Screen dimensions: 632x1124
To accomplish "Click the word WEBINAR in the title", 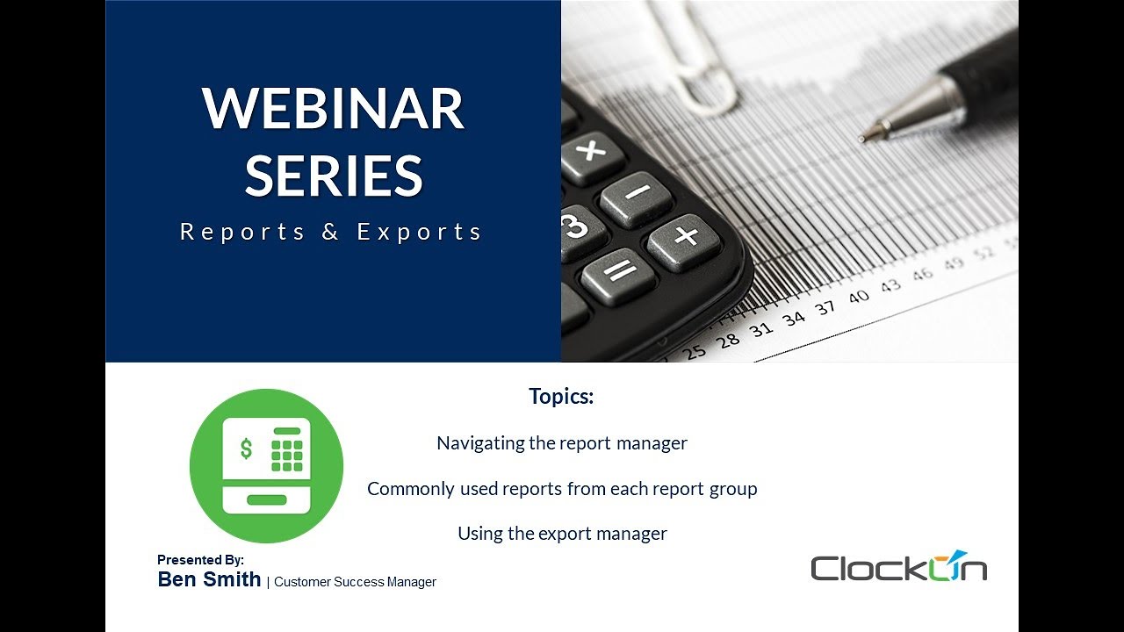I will pyautogui.click(x=333, y=109).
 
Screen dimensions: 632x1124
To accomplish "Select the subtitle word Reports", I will pyautogui.click(x=242, y=232).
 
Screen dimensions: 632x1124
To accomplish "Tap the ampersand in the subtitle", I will pyautogui.click(x=330, y=232).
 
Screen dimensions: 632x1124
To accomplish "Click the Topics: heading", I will pyautogui.click(x=561, y=396).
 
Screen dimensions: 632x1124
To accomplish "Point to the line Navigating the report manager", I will pyautogui.click(x=561, y=443).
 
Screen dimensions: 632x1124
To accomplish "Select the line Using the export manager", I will pyautogui.click(x=562, y=533).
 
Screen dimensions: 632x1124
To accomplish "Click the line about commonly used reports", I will pyautogui.click(x=562, y=488).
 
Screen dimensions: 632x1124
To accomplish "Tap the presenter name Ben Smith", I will pyautogui.click(x=209, y=579).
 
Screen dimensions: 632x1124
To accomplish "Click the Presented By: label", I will pyautogui.click(x=200, y=560).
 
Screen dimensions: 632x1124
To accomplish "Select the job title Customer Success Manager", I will pyautogui.click(x=355, y=582).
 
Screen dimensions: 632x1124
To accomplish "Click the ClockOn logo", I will pyautogui.click(x=898, y=567).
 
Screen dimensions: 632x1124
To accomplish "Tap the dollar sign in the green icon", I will pyautogui.click(x=246, y=449).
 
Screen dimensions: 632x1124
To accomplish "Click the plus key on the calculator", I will pyautogui.click(x=686, y=236).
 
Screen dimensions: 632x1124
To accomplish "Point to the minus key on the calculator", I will pyautogui.click(x=638, y=192).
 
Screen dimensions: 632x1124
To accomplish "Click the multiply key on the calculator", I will pyautogui.click(x=591, y=150).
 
